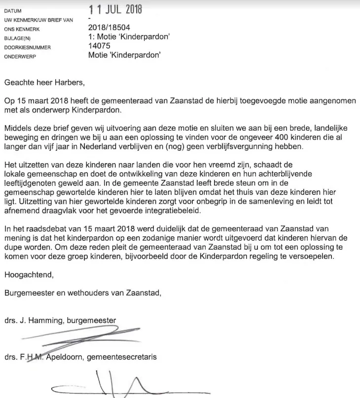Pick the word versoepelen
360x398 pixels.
pos(310,257)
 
